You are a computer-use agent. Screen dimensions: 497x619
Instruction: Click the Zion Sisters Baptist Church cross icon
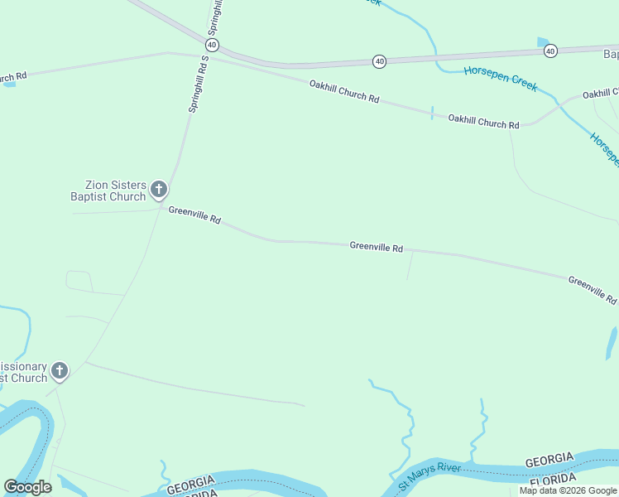[158, 190]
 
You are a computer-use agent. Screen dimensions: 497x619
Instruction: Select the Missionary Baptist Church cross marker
[59, 370]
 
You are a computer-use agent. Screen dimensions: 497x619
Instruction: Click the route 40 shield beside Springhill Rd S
[213, 44]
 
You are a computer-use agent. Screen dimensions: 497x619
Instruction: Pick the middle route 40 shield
[379, 61]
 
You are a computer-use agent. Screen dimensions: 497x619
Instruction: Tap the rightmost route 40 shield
[550, 51]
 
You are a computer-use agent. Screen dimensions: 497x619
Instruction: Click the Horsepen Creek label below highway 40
[500, 79]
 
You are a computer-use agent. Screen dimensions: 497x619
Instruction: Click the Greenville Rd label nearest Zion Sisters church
[194, 215]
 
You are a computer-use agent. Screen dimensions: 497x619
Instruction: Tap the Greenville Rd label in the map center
[376, 247]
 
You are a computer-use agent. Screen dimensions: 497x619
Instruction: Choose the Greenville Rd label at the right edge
[593, 290]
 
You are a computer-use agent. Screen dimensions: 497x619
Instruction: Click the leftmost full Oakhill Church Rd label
[344, 91]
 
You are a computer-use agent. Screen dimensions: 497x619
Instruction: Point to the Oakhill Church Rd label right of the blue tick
[483, 122]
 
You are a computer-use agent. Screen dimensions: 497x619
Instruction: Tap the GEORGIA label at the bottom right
[549, 459]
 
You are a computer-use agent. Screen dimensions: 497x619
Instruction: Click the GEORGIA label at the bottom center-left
[191, 484]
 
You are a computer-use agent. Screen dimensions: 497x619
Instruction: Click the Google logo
[27, 487]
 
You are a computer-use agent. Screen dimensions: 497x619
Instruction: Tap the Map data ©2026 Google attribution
[568, 490]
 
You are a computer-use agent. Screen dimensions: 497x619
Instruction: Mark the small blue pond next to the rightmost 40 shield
[542, 42]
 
